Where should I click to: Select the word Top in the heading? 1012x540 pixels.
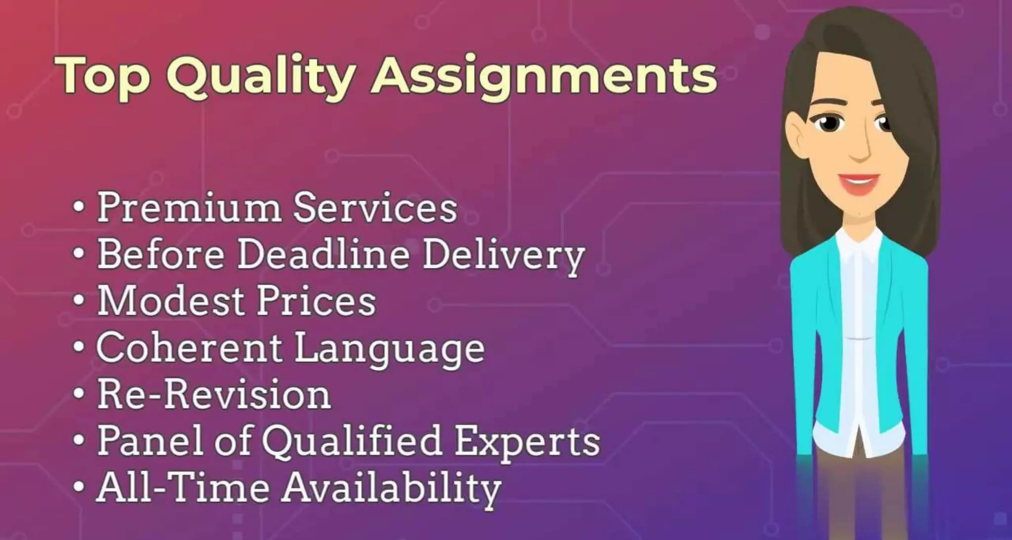point(104,75)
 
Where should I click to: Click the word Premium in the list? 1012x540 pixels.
point(188,208)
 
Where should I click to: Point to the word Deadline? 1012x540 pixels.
point(323,254)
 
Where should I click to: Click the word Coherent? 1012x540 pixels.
point(188,348)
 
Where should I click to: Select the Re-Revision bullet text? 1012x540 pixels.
point(213,395)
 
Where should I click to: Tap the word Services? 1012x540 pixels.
point(375,208)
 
